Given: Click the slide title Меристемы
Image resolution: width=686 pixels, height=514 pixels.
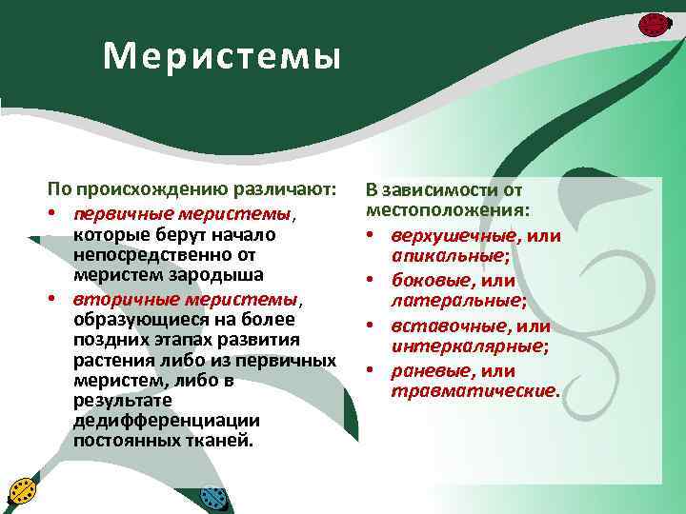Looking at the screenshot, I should tap(221, 57).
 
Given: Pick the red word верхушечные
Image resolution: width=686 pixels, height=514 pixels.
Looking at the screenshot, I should tap(454, 235).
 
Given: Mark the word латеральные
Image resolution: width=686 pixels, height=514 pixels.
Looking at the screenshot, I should tap(455, 302).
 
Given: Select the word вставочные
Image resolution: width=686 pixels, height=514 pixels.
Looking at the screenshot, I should tap(443, 326).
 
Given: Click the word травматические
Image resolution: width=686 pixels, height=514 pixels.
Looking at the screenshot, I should tap(472, 391).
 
